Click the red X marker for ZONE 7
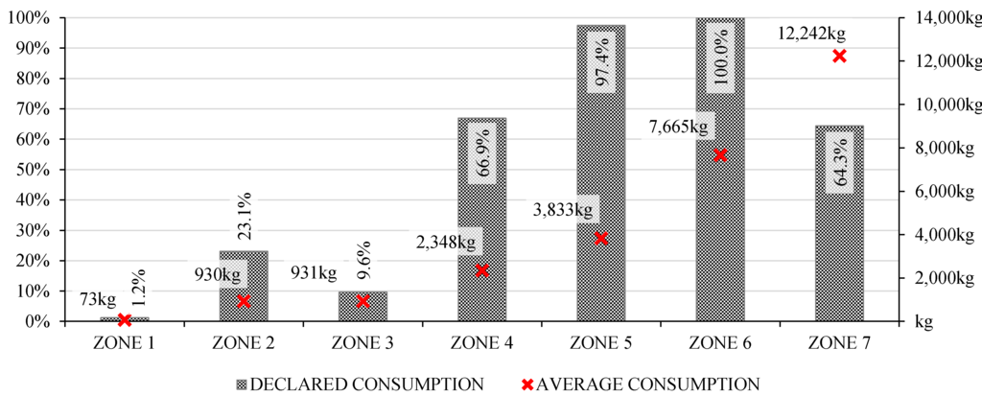click(x=840, y=56)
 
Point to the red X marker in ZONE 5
click(x=601, y=238)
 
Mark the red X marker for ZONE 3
click(x=362, y=301)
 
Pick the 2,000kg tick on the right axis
click(x=941, y=278)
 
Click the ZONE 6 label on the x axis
click(x=720, y=343)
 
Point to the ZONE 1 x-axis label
click(x=124, y=343)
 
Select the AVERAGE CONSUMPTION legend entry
click(x=638, y=384)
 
